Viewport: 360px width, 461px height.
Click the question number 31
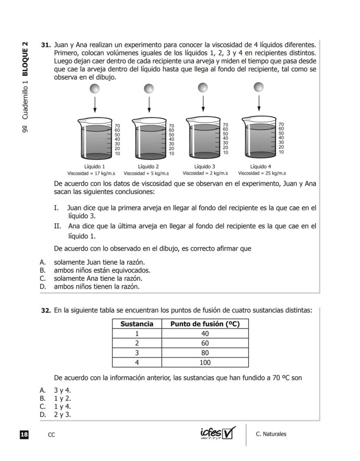tap(46, 45)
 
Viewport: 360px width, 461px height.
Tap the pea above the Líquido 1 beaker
tap(95, 89)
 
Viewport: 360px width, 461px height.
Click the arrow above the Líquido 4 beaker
tap(259, 103)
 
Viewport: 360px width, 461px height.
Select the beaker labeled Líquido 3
tap(203, 137)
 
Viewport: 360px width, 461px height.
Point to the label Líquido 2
tap(148, 167)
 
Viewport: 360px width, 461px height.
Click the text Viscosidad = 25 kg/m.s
tap(262, 173)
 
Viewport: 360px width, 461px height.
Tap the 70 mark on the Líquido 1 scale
tap(117, 125)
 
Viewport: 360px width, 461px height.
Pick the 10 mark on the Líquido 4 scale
tap(281, 152)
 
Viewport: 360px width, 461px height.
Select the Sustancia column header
tap(137, 324)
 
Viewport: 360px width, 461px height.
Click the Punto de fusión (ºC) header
tap(205, 324)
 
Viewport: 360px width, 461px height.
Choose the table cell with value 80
tap(205, 353)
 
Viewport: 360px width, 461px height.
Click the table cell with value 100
tap(205, 362)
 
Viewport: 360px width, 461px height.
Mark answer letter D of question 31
tap(43, 287)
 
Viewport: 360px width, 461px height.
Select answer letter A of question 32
tap(43, 390)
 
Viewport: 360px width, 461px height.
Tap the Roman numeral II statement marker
tap(57, 226)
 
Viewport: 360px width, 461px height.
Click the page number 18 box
tap(24, 434)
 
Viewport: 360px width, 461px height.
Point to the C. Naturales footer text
tap(271, 434)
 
